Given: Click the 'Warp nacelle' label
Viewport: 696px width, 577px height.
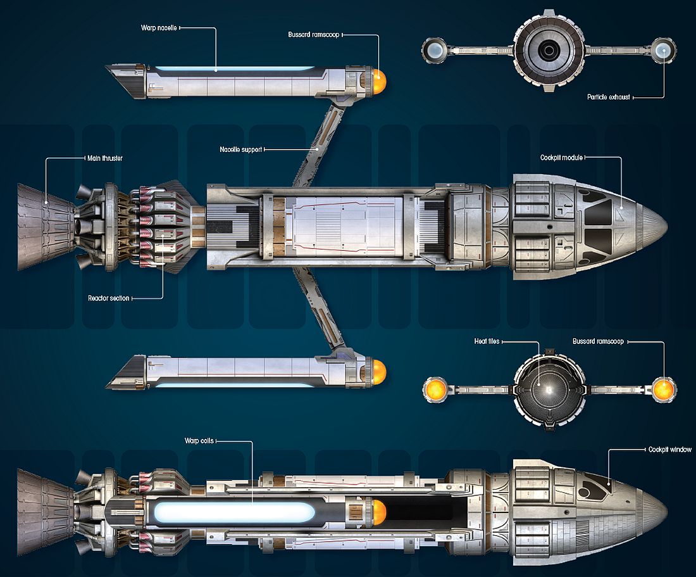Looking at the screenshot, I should pos(159,28).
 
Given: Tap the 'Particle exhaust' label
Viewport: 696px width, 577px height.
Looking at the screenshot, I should pos(607,98).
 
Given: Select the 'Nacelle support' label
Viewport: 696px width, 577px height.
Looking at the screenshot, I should pos(240,149).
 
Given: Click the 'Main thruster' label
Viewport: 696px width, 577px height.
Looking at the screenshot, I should pos(104,158).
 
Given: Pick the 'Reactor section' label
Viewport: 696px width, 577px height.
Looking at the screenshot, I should pos(109,298).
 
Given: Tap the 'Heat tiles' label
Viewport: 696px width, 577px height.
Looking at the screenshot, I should pos(487,341).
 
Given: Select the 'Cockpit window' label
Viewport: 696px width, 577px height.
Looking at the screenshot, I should pos(669,449).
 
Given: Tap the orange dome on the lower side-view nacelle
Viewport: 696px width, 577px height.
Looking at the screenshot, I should pos(378,371).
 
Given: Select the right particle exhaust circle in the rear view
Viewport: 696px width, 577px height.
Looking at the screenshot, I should pos(662,49).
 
